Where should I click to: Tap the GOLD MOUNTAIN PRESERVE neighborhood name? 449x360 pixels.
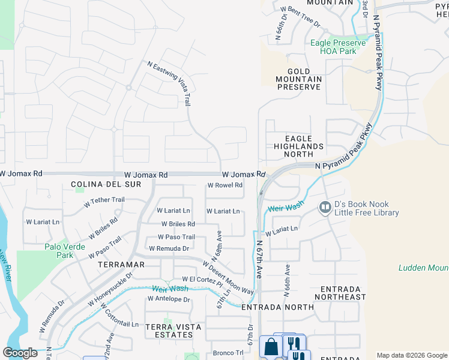tap(298, 79)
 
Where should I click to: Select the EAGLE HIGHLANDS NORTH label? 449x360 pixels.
tap(298, 146)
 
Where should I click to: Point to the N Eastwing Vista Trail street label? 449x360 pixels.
tap(170, 83)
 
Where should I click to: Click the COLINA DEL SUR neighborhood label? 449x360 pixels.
tap(106, 184)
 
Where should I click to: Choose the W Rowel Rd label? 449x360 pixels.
tap(224, 185)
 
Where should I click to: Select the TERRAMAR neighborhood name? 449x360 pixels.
tap(122, 264)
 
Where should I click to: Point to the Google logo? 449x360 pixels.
tap(20, 353)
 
